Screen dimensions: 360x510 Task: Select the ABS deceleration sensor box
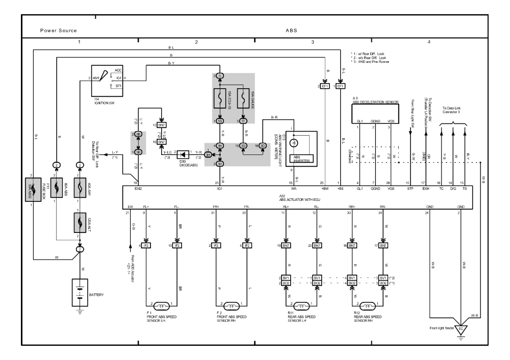click(375, 114)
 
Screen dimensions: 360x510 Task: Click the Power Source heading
click(59, 30)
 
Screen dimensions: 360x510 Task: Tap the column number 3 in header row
click(313, 42)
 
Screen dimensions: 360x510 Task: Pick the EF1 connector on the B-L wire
click(340, 86)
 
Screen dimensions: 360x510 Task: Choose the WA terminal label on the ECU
click(291, 189)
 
